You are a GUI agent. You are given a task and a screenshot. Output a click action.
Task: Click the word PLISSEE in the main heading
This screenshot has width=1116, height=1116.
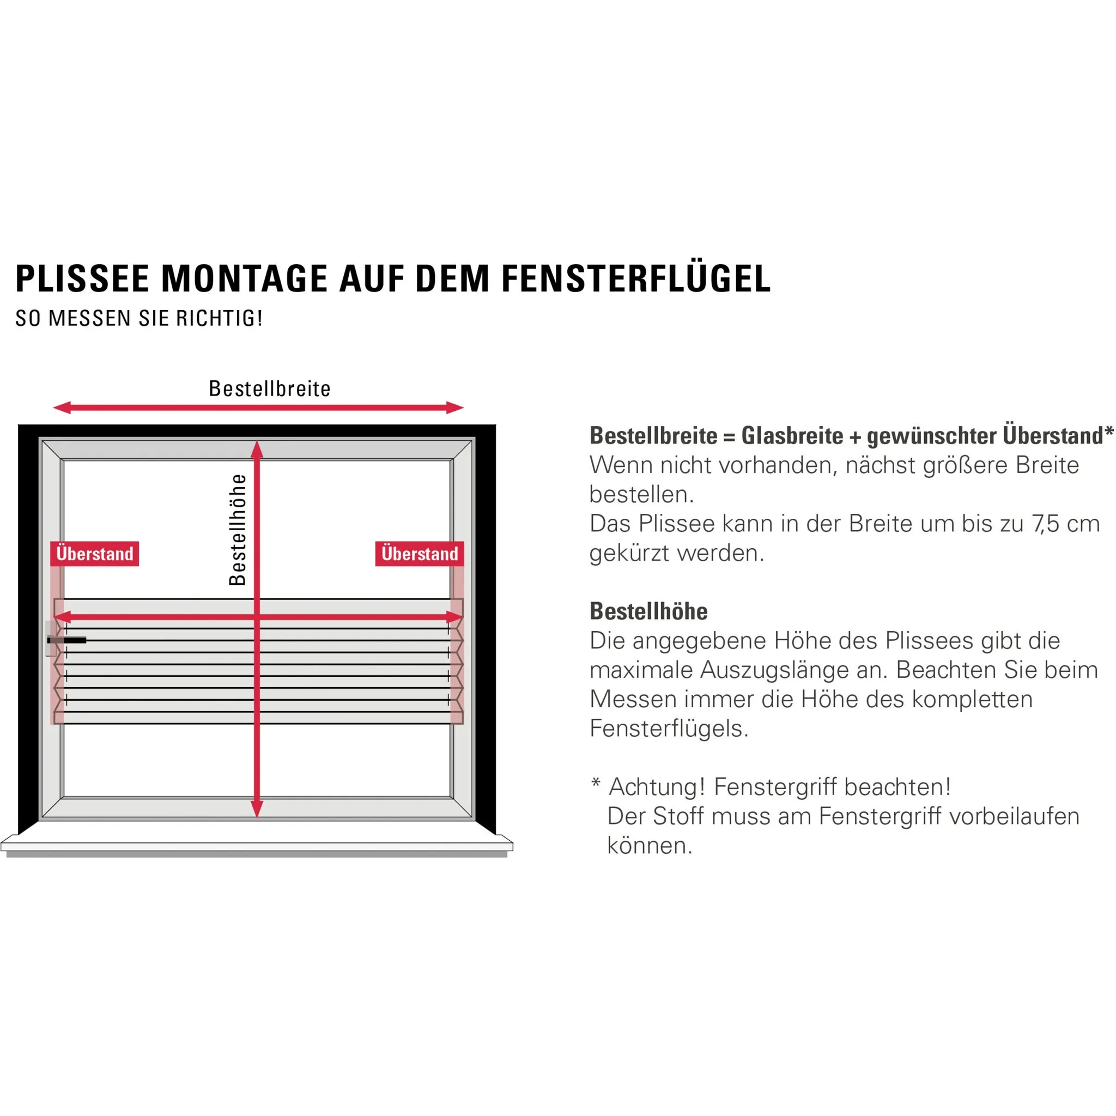[83, 279]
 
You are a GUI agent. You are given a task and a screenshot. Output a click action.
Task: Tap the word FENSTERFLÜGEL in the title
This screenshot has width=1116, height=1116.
[635, 279]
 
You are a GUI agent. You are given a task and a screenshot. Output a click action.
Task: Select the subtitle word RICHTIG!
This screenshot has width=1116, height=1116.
[220, 318]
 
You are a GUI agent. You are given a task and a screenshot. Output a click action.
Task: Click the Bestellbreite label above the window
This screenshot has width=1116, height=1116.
[270, 389]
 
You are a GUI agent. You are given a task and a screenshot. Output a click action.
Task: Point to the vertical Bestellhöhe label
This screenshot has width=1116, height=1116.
[238, 530]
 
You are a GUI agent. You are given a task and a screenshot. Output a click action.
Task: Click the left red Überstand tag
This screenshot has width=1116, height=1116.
[95, 554]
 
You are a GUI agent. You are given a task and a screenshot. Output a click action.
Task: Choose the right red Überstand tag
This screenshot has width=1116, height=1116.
[420, 554]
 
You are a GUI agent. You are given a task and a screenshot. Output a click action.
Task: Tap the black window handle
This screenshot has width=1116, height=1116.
[67, 640]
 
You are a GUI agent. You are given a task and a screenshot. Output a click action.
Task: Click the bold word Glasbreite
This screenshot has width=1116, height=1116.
[792, 436]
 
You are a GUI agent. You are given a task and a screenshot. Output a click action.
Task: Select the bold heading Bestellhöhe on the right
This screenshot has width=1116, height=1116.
[648, 611]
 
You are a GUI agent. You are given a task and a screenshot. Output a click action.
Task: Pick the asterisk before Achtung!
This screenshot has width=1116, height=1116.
[596, 783]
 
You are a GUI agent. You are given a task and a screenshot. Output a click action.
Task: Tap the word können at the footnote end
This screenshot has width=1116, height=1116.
[649, 846]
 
